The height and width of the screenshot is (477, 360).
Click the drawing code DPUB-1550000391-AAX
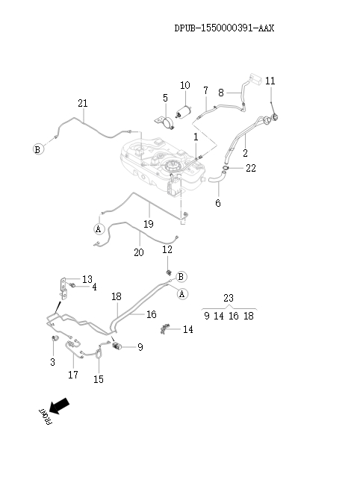224,28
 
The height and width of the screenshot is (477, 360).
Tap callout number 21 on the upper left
82,104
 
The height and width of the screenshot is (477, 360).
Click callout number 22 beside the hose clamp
251,168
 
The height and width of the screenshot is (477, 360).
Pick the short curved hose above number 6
217,177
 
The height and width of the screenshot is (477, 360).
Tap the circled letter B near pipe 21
38,149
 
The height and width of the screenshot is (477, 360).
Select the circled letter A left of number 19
99,229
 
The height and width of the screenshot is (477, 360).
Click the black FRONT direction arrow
59,406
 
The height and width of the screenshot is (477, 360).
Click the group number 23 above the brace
229,298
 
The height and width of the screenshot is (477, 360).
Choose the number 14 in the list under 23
219,316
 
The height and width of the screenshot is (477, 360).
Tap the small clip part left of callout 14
164,329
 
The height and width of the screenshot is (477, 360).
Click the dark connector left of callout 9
117,346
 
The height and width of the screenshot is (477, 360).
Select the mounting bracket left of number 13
63,288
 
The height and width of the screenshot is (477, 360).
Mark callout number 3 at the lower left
52,362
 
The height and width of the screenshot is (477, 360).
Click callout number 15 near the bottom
99,379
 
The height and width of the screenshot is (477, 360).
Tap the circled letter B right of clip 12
181,277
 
